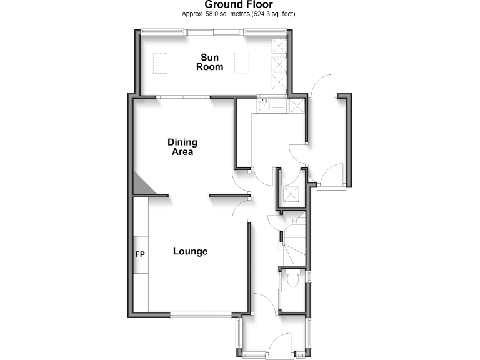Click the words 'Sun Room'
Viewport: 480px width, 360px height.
[210, 62]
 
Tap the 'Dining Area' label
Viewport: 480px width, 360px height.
[182, 147]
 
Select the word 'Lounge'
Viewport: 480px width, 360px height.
[190, 251]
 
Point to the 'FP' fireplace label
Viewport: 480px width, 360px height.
[140, 255]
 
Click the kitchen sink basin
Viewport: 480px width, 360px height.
[265, 106]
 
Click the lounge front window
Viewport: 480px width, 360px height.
[201, 316]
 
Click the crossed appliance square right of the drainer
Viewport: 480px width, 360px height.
[297, 106]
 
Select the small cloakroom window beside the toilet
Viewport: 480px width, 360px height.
[309, 276]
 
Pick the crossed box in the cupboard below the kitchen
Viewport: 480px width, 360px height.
[290, 194]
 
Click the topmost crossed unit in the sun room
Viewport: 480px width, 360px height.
[278, 46]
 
